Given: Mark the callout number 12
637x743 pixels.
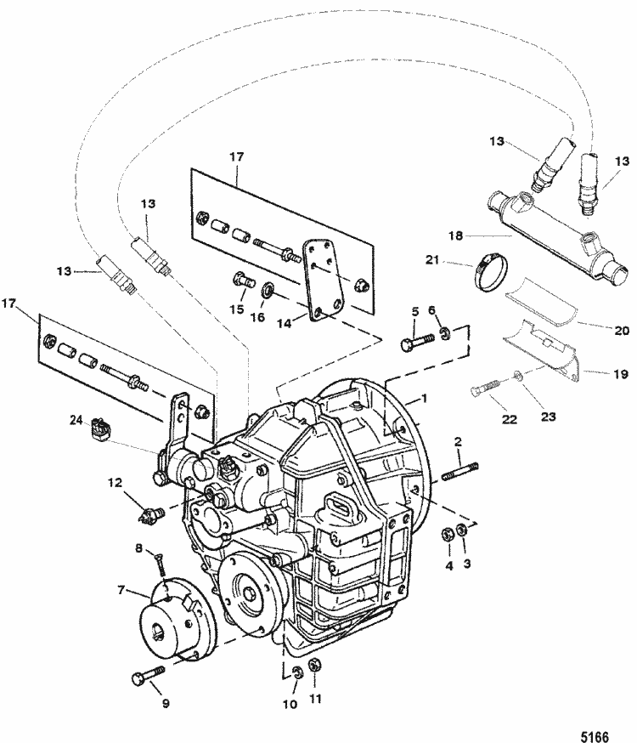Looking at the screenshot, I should [x=114, y=483].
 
